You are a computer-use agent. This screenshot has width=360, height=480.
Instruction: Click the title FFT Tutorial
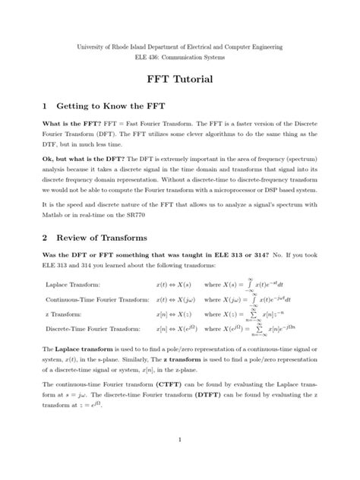click(x=180, y=79)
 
